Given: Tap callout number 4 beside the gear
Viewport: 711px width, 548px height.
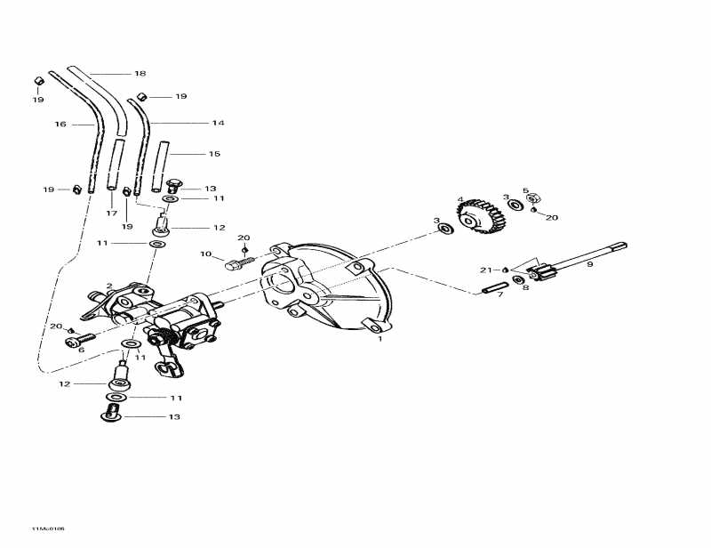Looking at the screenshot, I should (459, 199).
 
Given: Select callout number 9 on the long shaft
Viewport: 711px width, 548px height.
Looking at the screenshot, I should (590, 264).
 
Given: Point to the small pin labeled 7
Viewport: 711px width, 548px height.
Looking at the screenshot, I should (495, 286).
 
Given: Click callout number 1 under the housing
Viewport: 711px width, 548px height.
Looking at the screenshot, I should (379, 339).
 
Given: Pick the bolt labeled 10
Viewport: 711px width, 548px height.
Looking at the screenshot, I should (236, 263).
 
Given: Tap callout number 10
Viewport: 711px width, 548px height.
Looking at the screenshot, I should (204, 254).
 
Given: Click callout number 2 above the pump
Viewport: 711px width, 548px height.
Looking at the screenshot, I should (109, 286).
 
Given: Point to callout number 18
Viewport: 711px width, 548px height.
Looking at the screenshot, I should (140, 73).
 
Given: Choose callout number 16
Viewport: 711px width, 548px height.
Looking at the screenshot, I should (60, 125).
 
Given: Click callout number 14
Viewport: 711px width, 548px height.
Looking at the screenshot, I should (218, 123).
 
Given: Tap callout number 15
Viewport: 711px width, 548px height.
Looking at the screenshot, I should (214, 154).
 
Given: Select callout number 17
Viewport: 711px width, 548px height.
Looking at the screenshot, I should (112, 214).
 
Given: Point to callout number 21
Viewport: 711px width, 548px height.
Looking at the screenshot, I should (485, 270).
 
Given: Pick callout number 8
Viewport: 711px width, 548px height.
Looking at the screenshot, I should (525, 288).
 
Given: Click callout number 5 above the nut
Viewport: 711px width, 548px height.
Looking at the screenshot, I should (525, 190).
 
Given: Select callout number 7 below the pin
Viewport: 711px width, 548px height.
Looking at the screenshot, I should (499, 294).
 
